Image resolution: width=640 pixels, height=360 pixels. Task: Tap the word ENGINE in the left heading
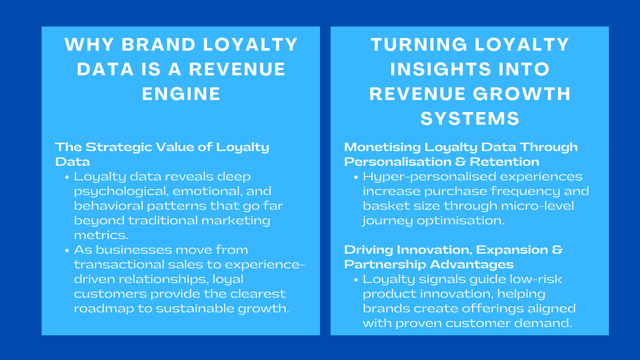tap(181, 94)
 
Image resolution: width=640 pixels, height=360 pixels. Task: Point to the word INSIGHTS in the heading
tap(440, 69)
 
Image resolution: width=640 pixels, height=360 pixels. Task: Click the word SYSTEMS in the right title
tap(470, 119)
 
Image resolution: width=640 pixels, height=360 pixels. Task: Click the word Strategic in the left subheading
tap(118, 147)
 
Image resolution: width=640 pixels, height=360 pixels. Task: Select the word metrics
tap(101, 235)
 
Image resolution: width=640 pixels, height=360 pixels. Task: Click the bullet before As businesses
tap(67, 250)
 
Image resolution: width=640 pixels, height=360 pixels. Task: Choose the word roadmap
tap(104, 309)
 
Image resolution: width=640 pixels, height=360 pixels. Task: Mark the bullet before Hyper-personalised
tap(356, 177)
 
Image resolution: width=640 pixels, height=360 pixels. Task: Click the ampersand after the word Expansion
tap(557, 250)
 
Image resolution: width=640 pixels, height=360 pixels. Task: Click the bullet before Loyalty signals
tap(356, 280)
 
